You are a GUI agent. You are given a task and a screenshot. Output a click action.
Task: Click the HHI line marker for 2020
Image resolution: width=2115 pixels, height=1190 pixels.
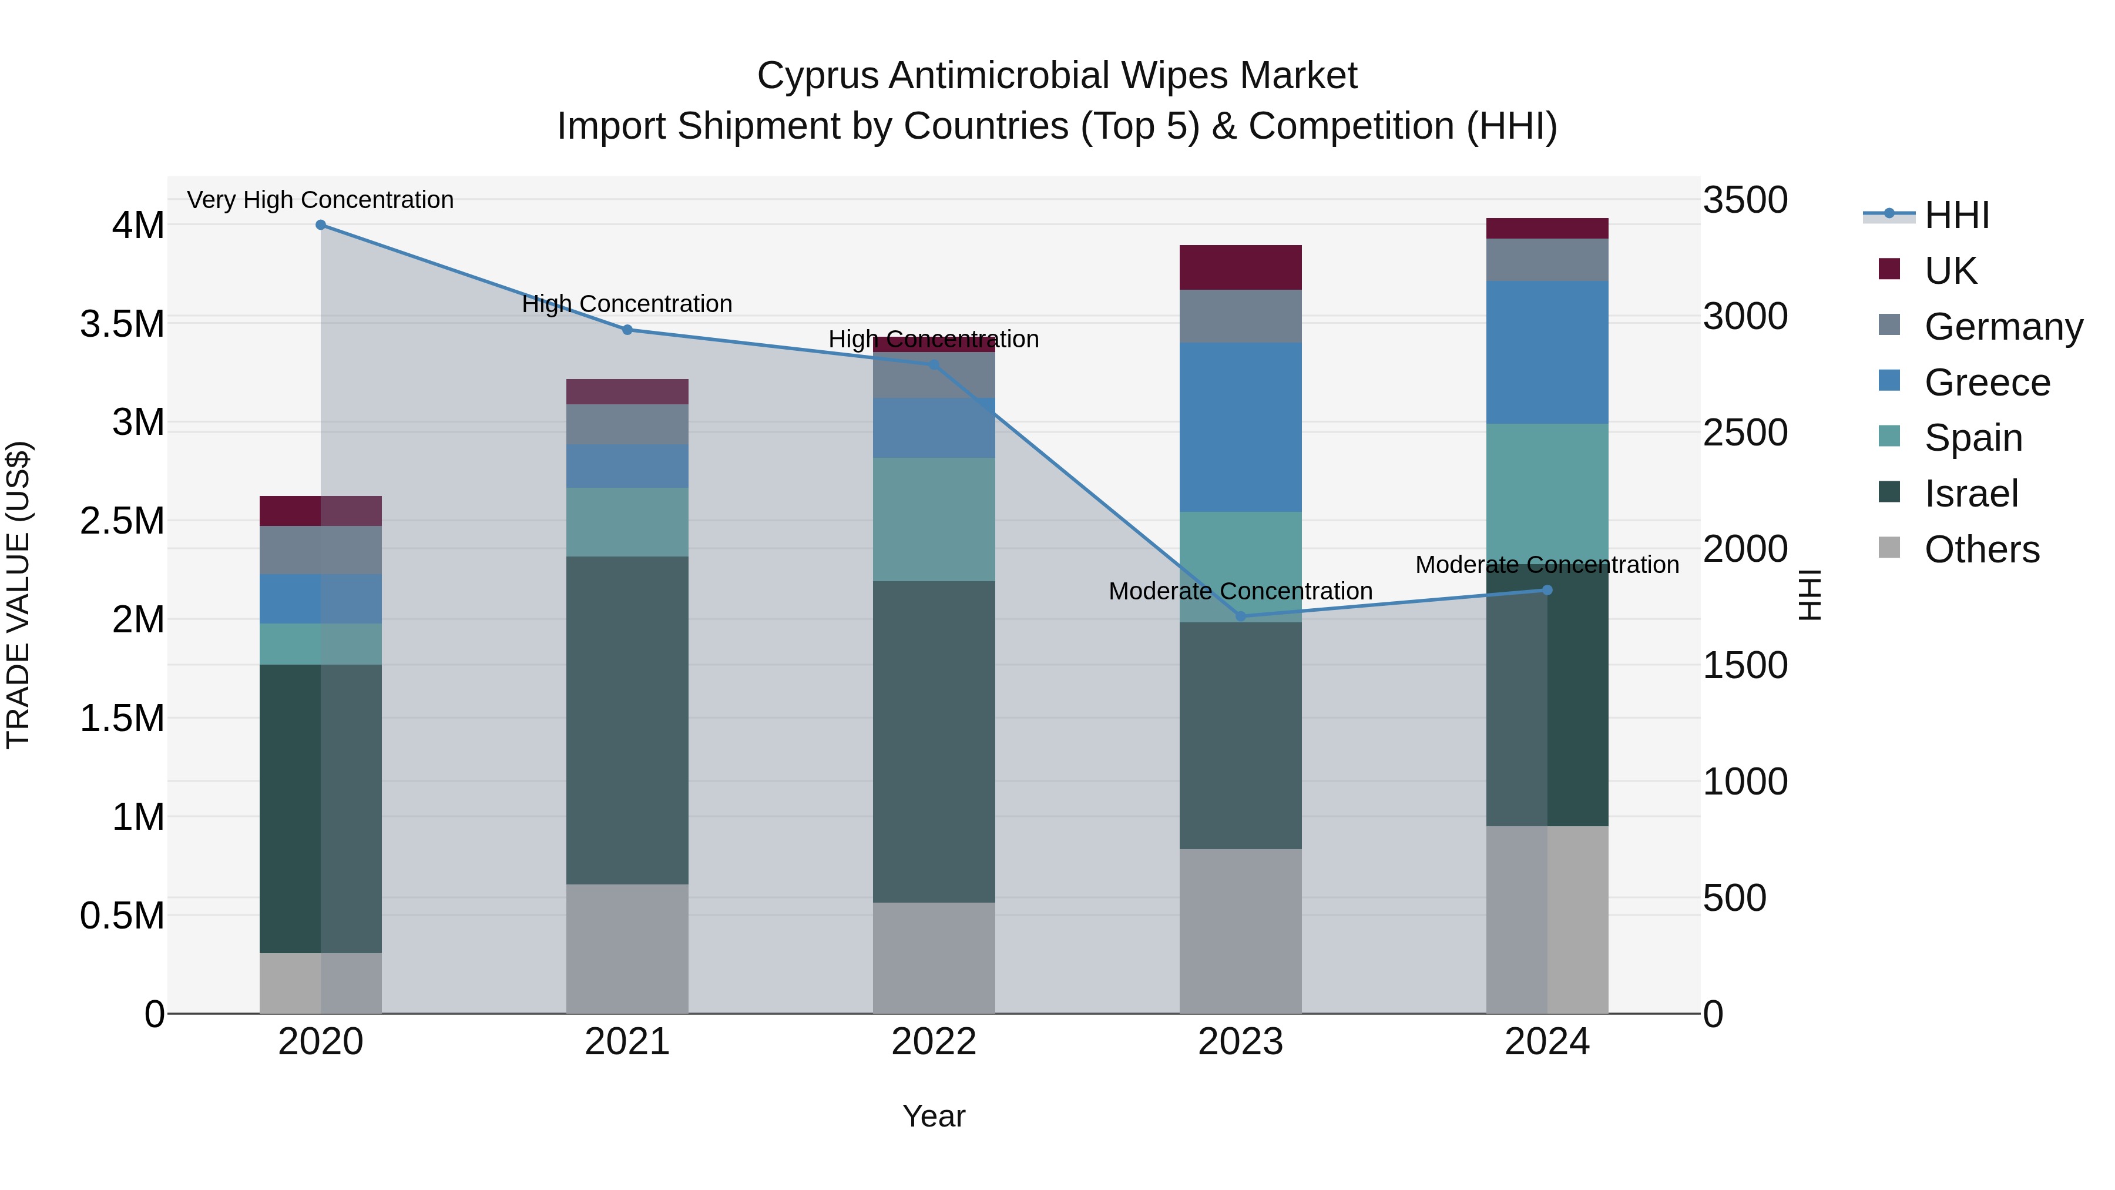pyautogui.click(x=320, y=225)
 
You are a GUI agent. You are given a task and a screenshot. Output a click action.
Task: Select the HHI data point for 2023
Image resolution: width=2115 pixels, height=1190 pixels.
pyautogui.click(x=1241, y=616)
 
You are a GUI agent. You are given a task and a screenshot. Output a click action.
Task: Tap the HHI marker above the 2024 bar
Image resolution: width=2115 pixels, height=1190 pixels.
pyautogui.click(x=1547, y=589)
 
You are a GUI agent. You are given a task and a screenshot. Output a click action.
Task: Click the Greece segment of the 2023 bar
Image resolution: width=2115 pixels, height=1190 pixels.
pyautogui.click(x=1241, y=427)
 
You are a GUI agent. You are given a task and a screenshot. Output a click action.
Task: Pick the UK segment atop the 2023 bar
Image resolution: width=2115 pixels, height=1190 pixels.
pyautogui.click(x=1241, y=267)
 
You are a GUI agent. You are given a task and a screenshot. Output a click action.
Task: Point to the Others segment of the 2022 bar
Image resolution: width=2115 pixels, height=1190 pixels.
pyautogui.click(x=934, y=958)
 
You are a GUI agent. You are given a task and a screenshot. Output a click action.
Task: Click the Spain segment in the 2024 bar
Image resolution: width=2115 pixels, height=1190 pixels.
pyautogui.click(x=1547, y=493)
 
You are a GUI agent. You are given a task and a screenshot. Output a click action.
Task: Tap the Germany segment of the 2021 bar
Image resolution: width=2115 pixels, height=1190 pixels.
pyautogui.click(x=627, y=424)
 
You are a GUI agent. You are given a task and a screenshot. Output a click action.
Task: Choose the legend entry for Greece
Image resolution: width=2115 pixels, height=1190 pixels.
pyautogui.click(x=1986, y=383)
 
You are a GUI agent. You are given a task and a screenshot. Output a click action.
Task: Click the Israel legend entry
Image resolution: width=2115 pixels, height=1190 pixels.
pyautogui.click(x=1970, y=494)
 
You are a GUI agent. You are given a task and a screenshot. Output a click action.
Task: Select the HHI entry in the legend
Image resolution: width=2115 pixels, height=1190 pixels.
pyautogui.click(x=1956, y=215)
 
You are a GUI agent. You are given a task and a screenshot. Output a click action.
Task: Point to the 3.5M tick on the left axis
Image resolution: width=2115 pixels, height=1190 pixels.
pyautogui.click(x=122, y=324)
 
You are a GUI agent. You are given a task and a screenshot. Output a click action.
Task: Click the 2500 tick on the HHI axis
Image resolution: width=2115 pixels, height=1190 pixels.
pyautogui.click(x=1745, y=433)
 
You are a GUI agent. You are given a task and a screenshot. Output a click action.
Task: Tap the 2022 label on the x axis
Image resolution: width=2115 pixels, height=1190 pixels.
pyautogui.click(x=934, y=1042)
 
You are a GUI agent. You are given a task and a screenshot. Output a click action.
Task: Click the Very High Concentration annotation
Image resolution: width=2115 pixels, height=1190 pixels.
pyautogui.click(x=320, y=200)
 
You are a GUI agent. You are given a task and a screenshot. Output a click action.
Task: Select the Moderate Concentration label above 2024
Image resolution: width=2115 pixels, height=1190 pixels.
pyautogui.click(x=1547, y=565)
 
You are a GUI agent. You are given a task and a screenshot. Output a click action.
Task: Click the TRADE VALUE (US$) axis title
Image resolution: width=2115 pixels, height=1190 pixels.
pyautogui.click(x=19, y=595)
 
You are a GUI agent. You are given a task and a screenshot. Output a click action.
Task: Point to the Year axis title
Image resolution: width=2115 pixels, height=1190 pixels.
pyautogui.click(x=934, y=1116)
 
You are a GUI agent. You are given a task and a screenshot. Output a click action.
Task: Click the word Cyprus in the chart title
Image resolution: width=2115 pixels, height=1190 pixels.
pyautogui.click(x=817, y=76)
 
